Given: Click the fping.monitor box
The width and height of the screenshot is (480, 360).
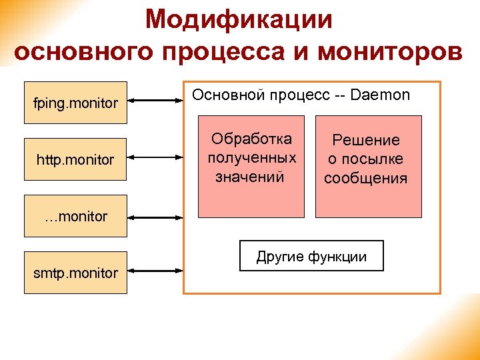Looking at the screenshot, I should pos(75,103).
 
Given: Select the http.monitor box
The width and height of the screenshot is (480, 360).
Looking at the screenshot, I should pos(75,159).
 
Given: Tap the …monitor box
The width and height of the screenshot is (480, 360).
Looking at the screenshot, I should pos(75,216).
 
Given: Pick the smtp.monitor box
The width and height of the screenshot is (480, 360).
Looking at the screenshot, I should pos(75,273).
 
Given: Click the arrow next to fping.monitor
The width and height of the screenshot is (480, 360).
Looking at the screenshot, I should pos(155,101).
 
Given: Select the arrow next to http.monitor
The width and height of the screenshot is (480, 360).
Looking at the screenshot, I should pos(155,159).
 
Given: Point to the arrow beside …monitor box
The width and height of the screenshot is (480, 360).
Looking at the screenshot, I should pos(155,217).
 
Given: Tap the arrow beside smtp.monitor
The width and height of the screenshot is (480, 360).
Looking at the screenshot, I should pos(155,271).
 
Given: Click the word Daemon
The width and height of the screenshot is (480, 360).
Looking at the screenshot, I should pos(380,95).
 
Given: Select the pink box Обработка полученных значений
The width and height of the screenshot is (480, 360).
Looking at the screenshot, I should pos(251,166).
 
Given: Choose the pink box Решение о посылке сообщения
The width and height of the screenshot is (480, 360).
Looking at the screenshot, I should pos(368,166).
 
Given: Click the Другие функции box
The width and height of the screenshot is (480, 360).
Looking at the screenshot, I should pos(311,256).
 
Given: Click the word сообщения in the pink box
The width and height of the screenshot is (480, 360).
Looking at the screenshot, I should pos(365,179).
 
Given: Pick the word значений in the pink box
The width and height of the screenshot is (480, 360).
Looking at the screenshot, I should pos(250,177).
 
